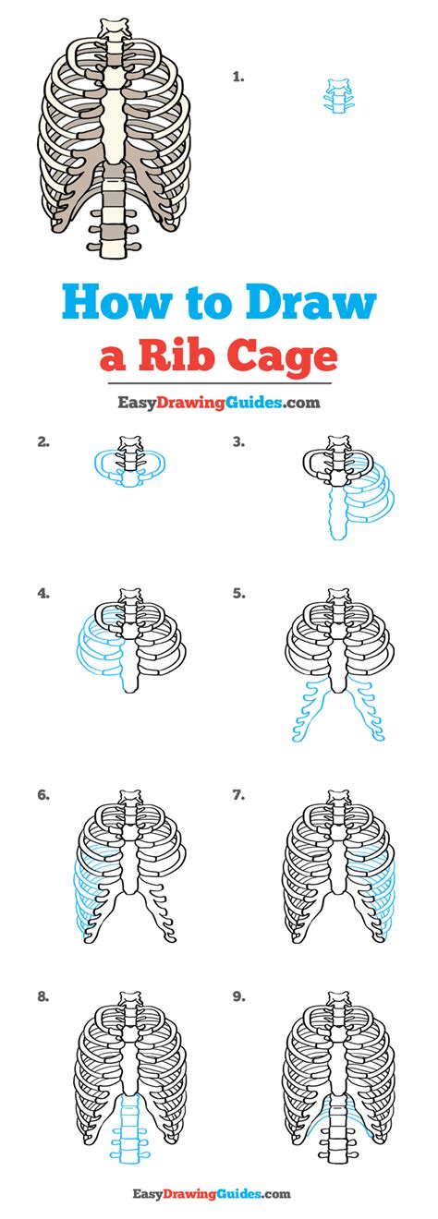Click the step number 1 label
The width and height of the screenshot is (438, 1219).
pyautogui.click(x=238, y=78)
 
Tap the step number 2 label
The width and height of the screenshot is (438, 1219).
pyautogui.click(x=43, y=442)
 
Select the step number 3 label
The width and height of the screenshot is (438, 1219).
pyautogui.click(x=238, y=442)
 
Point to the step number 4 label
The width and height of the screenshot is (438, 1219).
pyautogui.click(x=43, y=594)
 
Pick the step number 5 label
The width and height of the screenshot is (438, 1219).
pyautogui.click(x=238, y=594)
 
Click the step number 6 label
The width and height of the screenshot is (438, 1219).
pyautogui.click(x=43, y=795)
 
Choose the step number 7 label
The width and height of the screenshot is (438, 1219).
pyautogui.click(x=238, y=795)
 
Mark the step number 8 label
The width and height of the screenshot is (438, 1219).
pyautogui.click(x=43, y=997)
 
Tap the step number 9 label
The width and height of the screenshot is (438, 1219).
pyautogui.click(x=238, y=997)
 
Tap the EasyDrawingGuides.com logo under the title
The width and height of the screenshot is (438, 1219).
pyautogui.click(x=218, y=403)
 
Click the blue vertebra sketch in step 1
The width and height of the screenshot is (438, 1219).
pyautogui.click(x=338, y=96)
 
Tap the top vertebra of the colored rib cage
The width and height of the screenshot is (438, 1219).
pyautogui.click(x=114, y=27)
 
